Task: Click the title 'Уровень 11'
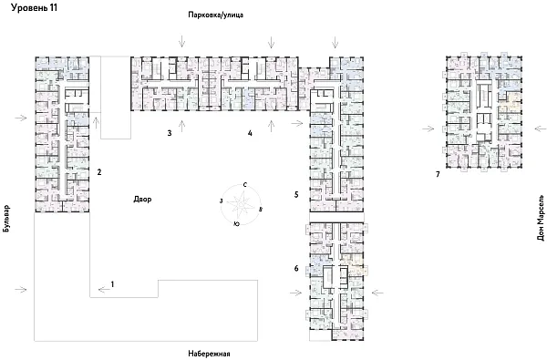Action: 34,7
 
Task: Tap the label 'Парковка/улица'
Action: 215,15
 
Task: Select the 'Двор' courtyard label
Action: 142,200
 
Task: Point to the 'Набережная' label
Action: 209,354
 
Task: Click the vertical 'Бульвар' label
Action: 6,219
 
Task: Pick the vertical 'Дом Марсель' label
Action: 541,218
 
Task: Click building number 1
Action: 112,284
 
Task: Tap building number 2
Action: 99,172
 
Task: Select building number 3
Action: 170,133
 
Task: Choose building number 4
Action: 250,133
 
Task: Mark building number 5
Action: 296,195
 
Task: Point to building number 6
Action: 296,268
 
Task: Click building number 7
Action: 438,174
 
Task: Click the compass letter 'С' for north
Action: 245,185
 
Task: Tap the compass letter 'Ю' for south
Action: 236,224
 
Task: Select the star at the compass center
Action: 241,204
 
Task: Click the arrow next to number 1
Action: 104,290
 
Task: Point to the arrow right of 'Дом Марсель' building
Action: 541,129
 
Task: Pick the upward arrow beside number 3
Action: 181,126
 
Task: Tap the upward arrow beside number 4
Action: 271,126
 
